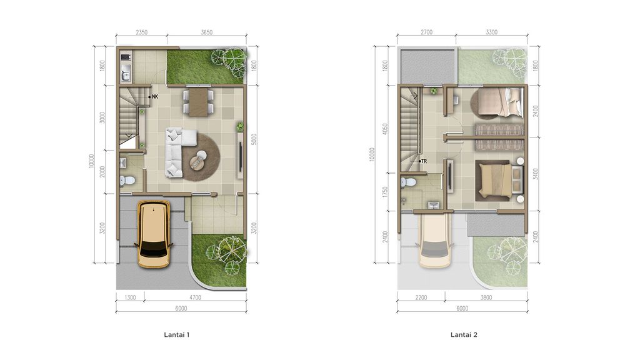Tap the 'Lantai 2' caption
point(464,335)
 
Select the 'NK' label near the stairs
point(154,97)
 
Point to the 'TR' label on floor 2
point(423,161)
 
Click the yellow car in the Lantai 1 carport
point(153,233)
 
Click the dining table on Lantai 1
point(197,102)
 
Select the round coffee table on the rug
point(198,161)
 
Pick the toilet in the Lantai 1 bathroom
point(129,180)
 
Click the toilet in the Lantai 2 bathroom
point(409,183)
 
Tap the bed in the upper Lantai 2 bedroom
point(498,102)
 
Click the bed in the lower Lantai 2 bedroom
point(497,179)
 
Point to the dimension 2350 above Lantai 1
point(141,33)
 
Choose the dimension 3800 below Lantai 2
point(486,298)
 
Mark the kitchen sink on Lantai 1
point(126,76)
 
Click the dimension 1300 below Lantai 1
point(131,298)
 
